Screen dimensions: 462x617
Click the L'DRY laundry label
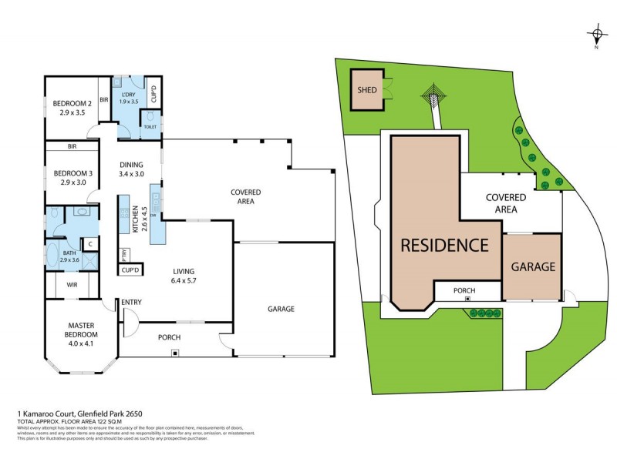tap(127, 97)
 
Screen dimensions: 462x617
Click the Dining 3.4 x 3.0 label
tap(131, 169)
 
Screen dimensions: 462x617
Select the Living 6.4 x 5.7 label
tap(184, 276)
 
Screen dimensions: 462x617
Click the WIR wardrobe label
tap(71, 285)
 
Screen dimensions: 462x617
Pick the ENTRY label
tap(131, 303)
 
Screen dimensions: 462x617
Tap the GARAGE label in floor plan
tap(281, 309)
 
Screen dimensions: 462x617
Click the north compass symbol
tap(596, 35)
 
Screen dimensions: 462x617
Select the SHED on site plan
tap(367, 90)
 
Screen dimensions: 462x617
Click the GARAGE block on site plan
tap(533, 267)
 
